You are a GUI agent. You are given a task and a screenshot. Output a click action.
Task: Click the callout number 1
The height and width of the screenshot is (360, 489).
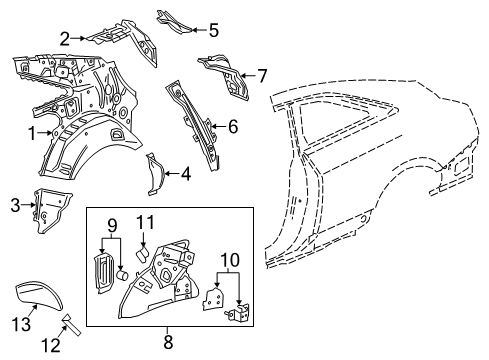[x=31, y=132]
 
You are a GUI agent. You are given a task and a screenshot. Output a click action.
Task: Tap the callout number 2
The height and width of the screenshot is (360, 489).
[x=64, y=40]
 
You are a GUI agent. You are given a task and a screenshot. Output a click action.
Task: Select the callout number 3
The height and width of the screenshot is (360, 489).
[x=14, y=207]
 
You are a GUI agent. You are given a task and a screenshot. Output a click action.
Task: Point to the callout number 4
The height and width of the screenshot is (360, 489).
[x=186, y=174]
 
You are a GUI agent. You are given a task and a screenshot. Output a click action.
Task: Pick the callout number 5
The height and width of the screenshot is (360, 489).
[x=213, y=29]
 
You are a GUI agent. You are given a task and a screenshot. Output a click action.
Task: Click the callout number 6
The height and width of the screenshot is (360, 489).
[x=233, y=126]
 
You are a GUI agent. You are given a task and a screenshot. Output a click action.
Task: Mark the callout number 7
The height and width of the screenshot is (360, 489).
[x=262, y=75]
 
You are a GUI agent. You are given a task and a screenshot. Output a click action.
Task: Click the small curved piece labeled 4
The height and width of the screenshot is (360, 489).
[x=157, y=174]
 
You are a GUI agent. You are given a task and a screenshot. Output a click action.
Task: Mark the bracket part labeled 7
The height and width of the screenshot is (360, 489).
[x=225, y=75]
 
